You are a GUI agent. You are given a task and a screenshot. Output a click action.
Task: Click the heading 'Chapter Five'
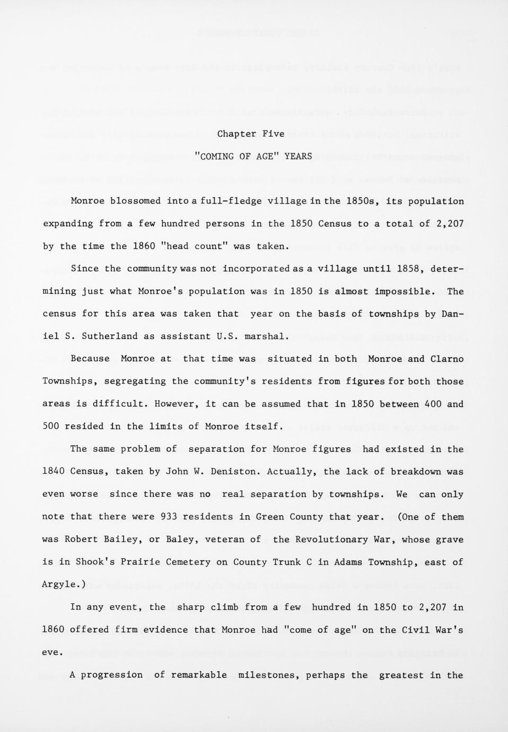pyautogui.click(x=251, y=134)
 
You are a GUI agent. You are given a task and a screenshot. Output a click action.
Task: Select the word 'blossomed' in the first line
pyautogui.click(x=135, y=201)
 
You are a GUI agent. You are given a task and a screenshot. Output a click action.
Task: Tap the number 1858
pyautogui.click(x=410, y=268)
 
